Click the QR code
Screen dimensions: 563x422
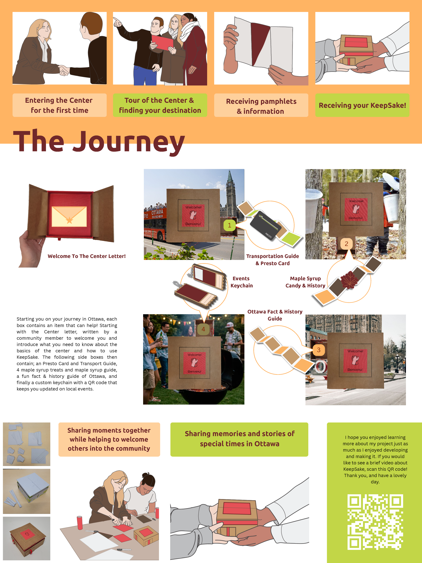(x=375, y=522)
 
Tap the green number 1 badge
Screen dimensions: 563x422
(x=229, y=225)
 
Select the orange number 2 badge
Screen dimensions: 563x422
(x=346, y=244)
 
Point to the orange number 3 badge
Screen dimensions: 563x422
(x=319, y=350)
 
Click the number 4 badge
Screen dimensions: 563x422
(x=203, y=329)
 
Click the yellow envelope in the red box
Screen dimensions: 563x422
(x=69, y=216)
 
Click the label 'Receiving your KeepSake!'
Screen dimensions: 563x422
(x=362, y=105)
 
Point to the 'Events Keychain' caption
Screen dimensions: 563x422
(x=241, y=282)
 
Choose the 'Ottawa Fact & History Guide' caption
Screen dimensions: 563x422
(x=275, y=315)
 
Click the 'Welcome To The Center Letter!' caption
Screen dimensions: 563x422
(x=86, y=256)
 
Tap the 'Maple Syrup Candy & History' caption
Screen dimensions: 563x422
(x=305, y=282)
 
